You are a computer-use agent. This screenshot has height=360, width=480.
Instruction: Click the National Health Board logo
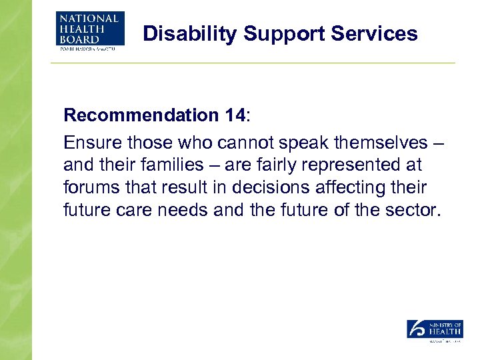(x=90, y=30)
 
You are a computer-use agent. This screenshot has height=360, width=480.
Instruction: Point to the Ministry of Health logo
(x=435, y=330)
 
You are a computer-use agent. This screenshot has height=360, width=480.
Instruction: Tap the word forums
(x=88, y=187)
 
